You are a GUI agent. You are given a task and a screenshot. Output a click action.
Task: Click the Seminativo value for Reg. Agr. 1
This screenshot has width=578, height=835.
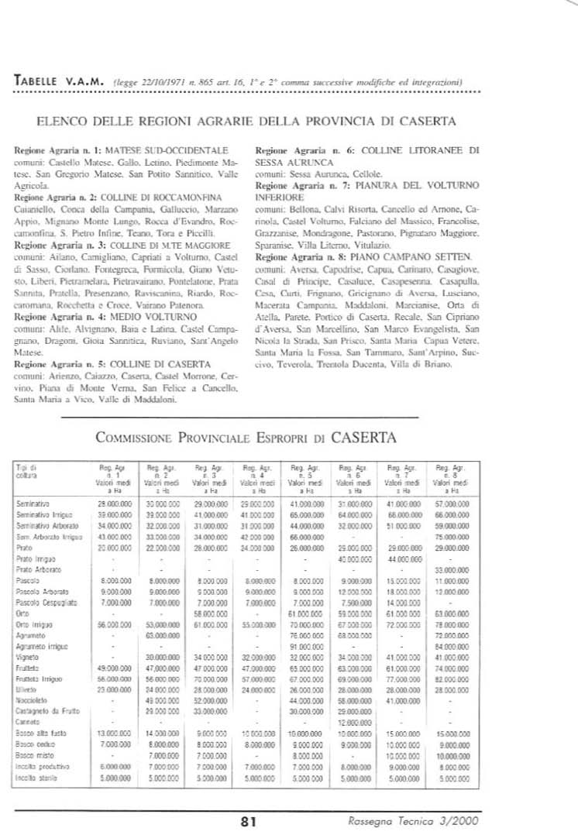[x=112, y=503]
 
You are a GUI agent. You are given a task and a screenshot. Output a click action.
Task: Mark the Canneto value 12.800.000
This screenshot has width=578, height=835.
[x=353, y=721]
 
